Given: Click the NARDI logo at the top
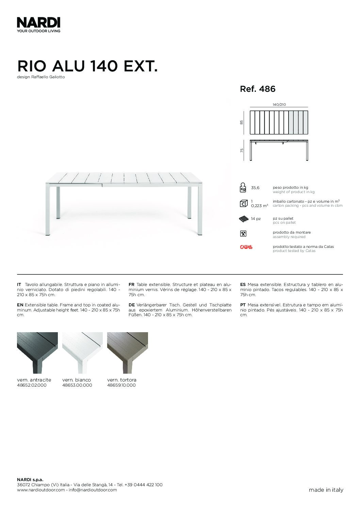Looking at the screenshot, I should pyautogui.click(x=38, y=23).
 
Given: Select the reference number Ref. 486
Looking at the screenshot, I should pyautogui.click(x=258, y=89).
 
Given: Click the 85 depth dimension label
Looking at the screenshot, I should pyautogui.click(x=242, y=122).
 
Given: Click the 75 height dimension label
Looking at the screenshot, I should pyautogui.click(x=242, y=150).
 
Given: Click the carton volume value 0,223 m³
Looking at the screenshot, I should pyautogui.click(x=259, y=206).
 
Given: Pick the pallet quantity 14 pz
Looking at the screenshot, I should pyautogui.click(x=256, y=219).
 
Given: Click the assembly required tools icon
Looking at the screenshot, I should pyautogui.click(x=243, y=234).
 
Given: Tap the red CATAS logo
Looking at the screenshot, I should pyautogui.click(x=246, y=247).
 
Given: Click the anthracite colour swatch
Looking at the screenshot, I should pyautogui.click(x=37, y=353).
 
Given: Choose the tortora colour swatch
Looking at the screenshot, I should pyautogui.click(x=127, y=353).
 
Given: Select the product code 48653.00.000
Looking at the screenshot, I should pyautogui.click(x=77, y=385).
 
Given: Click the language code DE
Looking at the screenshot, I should pyautogui.click(x=132, y=305).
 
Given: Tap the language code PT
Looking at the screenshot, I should pyautogui.click(x=243, y=305).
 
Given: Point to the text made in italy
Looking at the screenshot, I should pyautogui.click(x=326, y=490).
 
